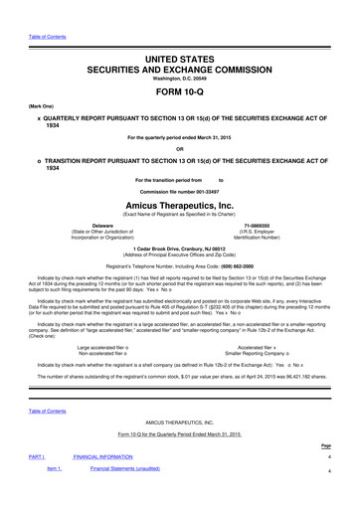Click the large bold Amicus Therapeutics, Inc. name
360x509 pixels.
(x=179, y=200)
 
